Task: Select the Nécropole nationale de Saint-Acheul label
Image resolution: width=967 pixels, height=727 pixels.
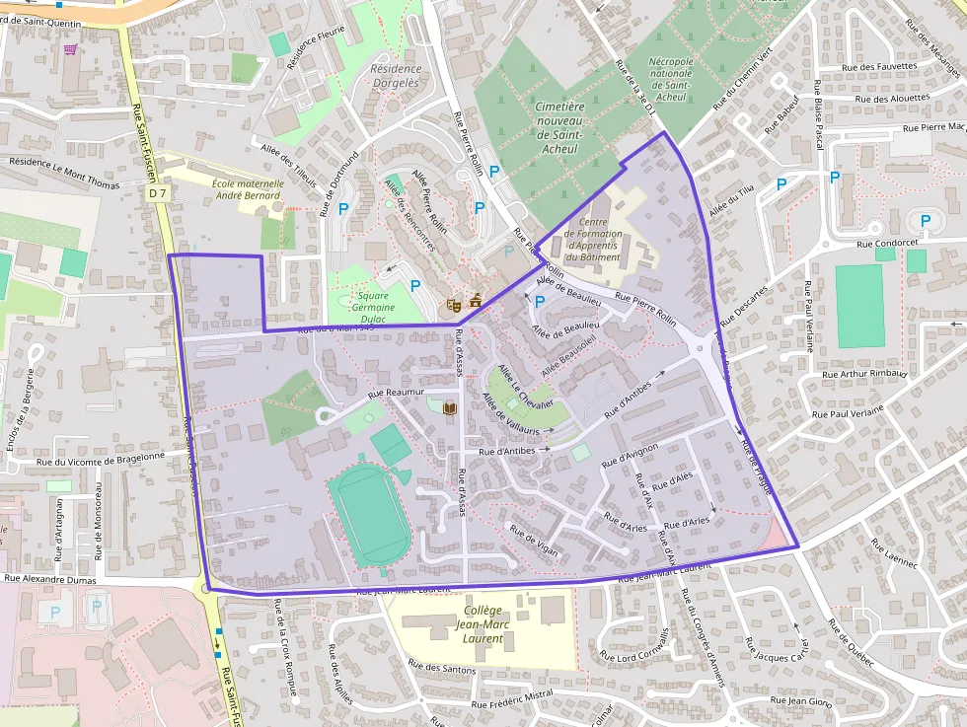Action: click(x=671, y=79)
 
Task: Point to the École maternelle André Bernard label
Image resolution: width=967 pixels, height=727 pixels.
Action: click(x=248, y=189)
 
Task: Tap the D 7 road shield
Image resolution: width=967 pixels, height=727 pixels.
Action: click(x=159, y=194)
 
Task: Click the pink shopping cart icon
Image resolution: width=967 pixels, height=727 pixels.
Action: click(x=70, y=49)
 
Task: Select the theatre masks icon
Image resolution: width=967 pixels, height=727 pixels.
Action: click(x=454, y=306)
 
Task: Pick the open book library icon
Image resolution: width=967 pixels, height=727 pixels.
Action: click(x=450, y=408)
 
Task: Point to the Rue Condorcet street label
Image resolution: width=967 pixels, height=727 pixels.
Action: click(x=892, y=243)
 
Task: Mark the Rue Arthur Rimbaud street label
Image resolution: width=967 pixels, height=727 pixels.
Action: click(x=863, y=374)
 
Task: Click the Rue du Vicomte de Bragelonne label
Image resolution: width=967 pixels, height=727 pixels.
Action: click(x=100, y=457)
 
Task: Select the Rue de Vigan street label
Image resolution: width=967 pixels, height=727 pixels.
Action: click(x=534, y=542)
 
